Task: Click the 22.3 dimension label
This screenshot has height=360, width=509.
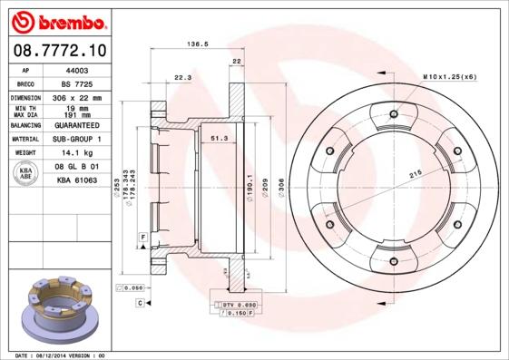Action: [182, 77]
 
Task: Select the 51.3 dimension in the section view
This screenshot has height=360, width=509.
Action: [219, 138]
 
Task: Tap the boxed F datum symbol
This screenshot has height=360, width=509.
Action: [142, 237]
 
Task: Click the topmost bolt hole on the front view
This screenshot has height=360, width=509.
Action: [393, 114]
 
